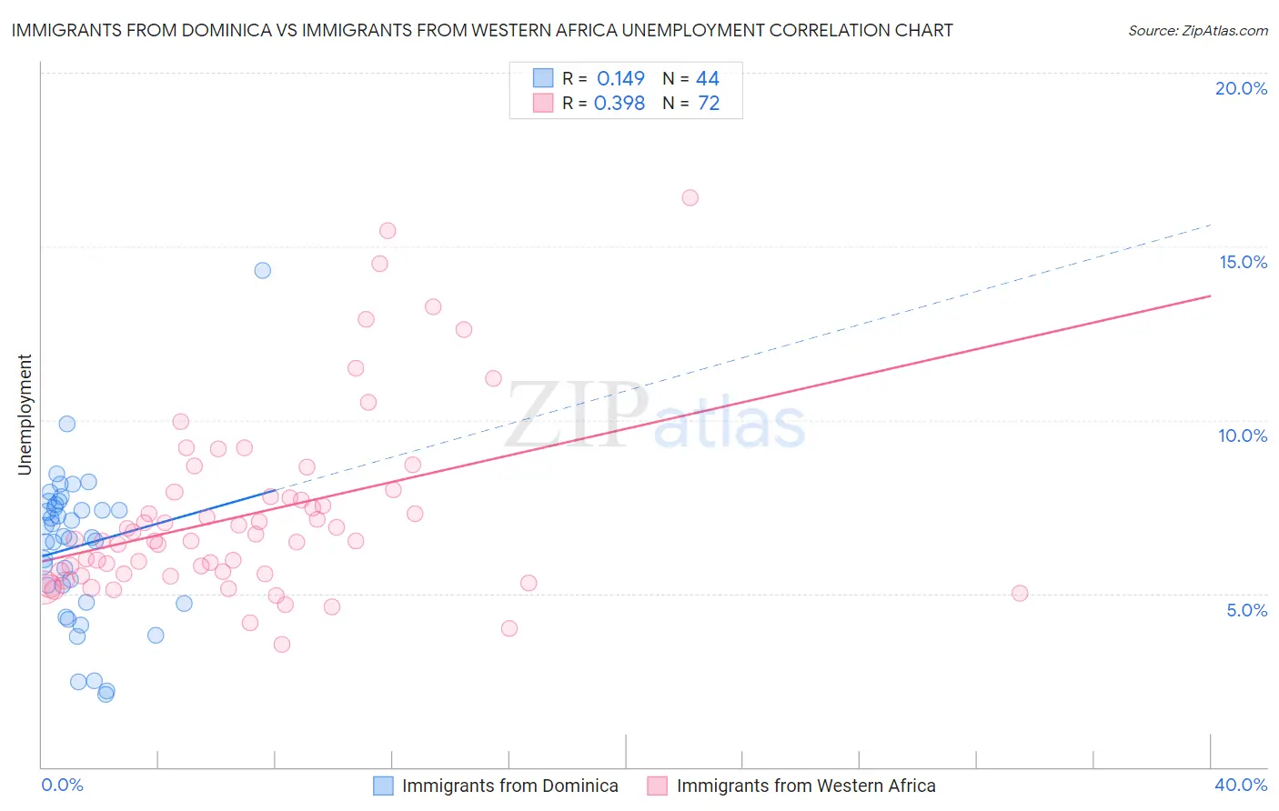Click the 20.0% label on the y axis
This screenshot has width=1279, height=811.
pyautogui.click(x=1241, y=88)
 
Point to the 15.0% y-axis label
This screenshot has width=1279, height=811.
pyautogui.click(x=1243, y=262)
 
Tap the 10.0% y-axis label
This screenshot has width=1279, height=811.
pyautogui.click(x=1243, y=436)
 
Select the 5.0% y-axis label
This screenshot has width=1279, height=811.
pyautogui.click(x=1246, y=610)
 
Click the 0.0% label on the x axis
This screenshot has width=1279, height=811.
pyautogui.click(x=62, y=785)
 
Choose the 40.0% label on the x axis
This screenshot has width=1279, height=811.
pyautogui.click(x=1241, y=785)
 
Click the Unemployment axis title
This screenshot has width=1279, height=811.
pyautogui.click(x=25, y=415)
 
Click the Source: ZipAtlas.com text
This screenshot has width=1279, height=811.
pyautogui.click(x=1197, y=30)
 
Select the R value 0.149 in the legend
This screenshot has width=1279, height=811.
pyautogui.click(x=620, y=78)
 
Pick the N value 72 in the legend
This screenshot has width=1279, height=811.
pyautogui.click(x=709, y=104)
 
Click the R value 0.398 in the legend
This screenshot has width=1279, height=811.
pyautogui.click(x=619, y=104)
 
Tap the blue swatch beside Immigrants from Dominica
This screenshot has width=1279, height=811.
pyautogui.click(x=384, y=786)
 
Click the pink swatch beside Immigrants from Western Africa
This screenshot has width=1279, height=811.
pyautogui.click(x=657, y=786)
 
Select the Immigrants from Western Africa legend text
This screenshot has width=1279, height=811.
pyautogui.click(x=806, y=786)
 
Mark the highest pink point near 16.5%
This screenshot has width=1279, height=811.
pyautogui.click(x=690, y=197)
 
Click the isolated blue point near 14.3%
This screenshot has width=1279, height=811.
pyautogui.click(x=262, y=270)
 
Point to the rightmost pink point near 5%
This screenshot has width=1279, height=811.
pyautogui.click(x=1020, y=593)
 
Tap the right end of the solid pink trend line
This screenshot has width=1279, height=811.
pyautogui.click(x=1211, y=295)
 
